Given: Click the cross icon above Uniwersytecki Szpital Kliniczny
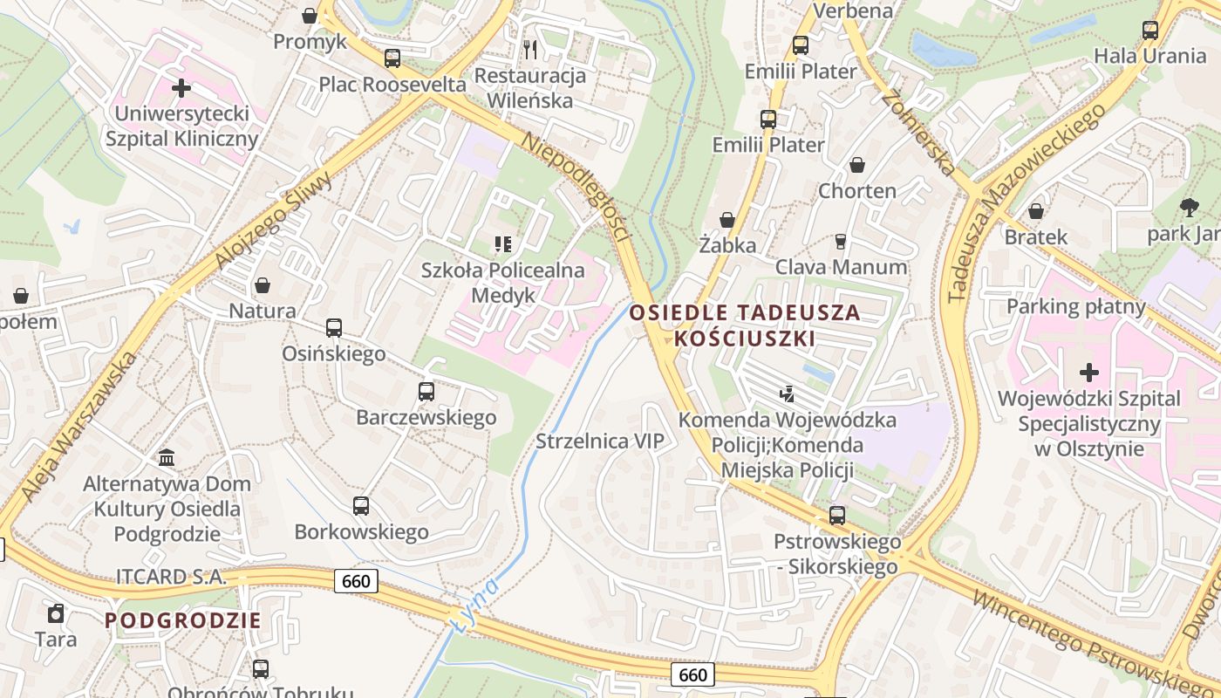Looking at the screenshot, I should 181,88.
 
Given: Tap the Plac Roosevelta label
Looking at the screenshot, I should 392,85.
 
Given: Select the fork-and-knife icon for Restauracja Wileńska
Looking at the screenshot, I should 529,48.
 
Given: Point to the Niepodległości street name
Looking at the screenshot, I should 576,186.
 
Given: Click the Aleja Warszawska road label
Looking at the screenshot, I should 79,427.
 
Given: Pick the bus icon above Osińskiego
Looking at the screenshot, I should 333,328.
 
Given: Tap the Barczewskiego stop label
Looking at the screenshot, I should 426,417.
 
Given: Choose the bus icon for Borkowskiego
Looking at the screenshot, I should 360,506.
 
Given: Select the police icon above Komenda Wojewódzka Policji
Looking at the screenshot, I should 788,395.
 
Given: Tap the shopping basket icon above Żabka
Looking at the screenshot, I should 726,220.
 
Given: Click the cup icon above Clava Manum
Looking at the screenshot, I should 841,242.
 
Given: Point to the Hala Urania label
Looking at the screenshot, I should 1149,56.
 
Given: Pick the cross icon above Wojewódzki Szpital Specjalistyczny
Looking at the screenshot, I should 1088,373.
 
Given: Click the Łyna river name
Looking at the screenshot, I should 476,603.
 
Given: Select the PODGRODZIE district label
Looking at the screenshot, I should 183,620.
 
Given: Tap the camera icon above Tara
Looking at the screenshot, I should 56,613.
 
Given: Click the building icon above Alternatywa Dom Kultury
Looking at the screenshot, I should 167,457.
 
